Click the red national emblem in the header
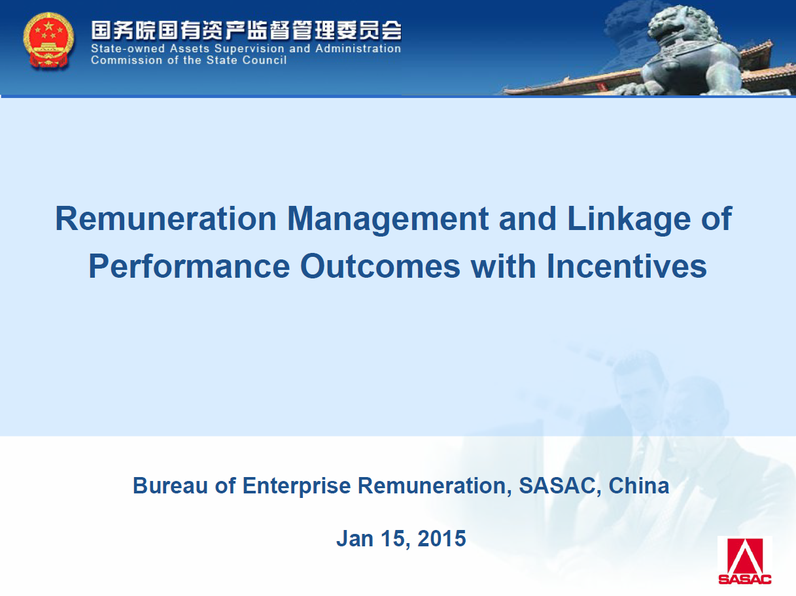[48, 41]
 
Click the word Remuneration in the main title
[165, 218]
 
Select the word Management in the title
[387, 220]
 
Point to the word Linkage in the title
[629, 220]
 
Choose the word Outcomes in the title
[380, 266]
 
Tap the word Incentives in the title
[627, 266]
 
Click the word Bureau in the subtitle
[171, 486]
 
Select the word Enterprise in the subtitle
[296, 486]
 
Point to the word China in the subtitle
[638, 486]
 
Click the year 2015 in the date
[441, 538]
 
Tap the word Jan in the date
[355, 538]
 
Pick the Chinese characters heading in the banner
[246, 31]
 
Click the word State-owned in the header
[128, 48]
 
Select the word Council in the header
[264, 59]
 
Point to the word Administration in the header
[358, 48]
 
